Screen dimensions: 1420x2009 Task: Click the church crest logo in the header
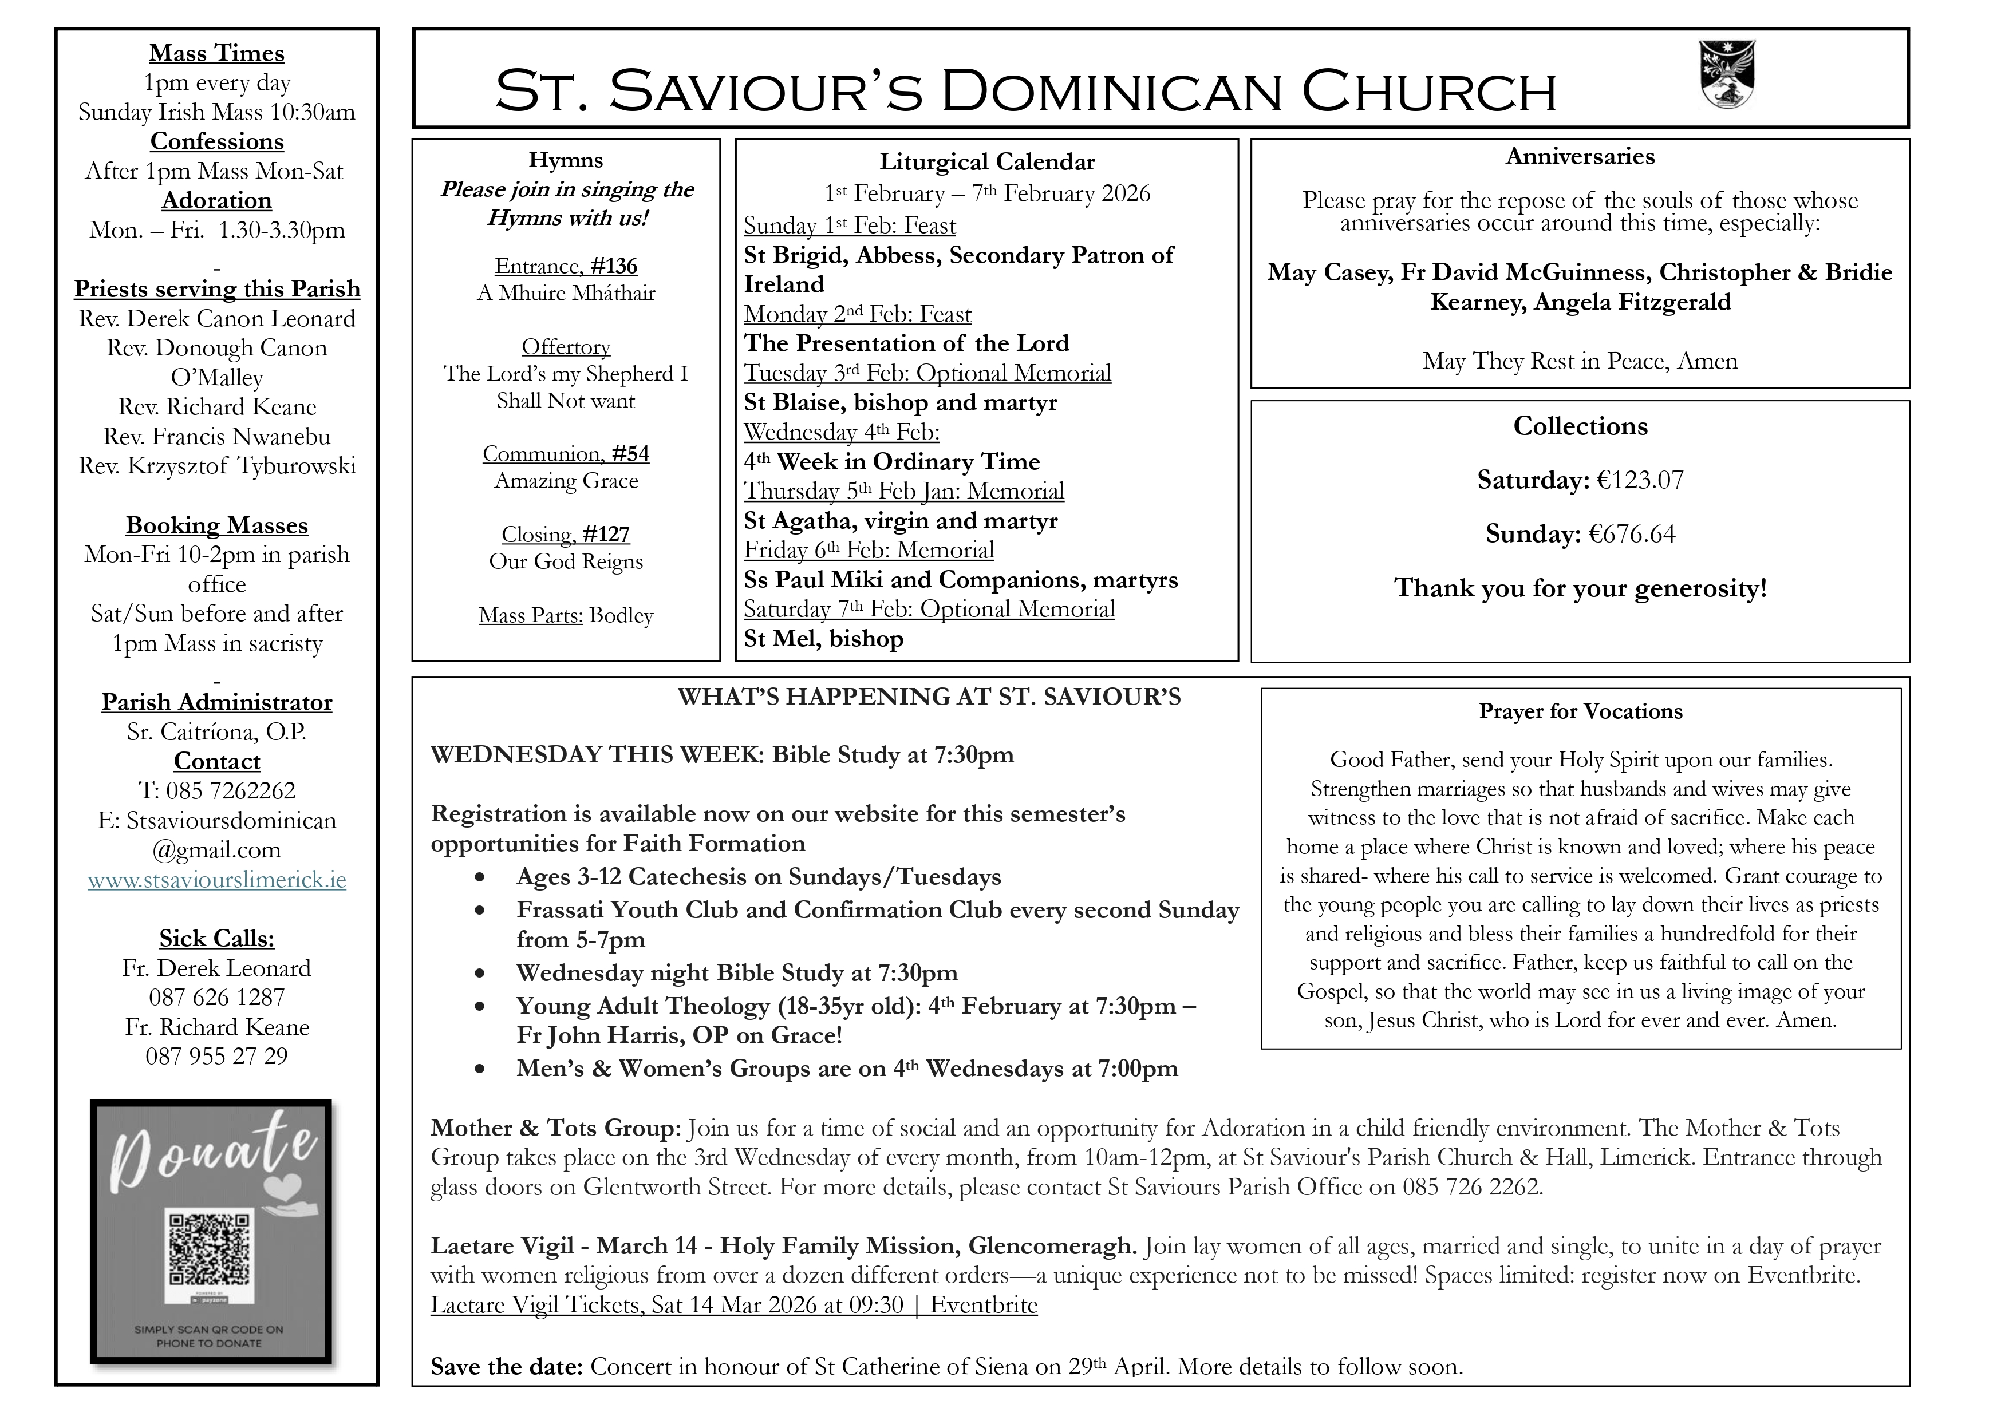point(1727,75)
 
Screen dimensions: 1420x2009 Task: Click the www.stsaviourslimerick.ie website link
point(217,879)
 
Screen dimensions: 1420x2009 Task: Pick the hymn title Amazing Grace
point(566,481)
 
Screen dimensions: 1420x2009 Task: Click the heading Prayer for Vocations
point(1580,711)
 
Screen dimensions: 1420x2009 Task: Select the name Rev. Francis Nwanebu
point(217,437)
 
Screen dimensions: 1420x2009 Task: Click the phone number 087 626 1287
point(217,998)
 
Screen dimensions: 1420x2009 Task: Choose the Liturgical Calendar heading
point(987,162)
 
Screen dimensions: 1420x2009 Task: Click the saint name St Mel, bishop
point(823,639)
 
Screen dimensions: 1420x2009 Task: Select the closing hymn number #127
point(606,535)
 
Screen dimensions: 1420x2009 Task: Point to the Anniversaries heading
point(1580,157)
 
